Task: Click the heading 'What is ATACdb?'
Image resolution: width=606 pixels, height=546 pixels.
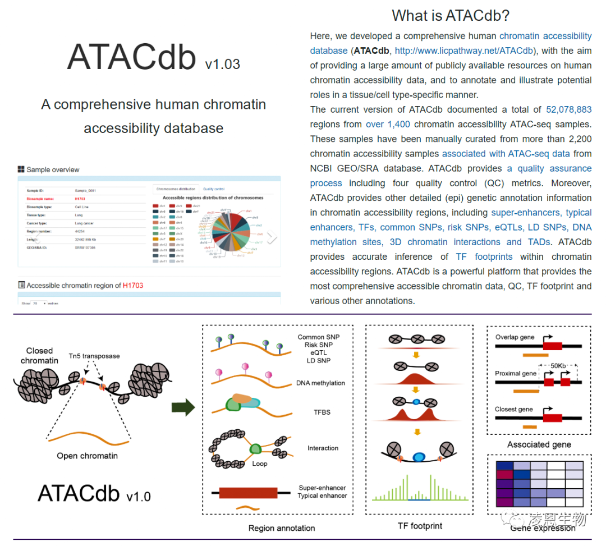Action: pyautogui.click(x=451, y=15)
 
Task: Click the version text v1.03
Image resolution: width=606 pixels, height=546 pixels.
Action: pyautogui.click(x=222, y=65)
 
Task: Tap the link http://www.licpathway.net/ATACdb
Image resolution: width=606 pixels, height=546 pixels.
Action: pyautogui.click(x=464, y=51)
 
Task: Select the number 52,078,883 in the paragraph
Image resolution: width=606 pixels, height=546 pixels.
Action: pyautogui.click(x=568, y=109)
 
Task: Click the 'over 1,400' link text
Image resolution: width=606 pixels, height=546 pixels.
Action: pyautogui.click(x=388, y=124)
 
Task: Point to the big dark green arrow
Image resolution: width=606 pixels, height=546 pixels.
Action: pyautogui.click(x=183, y=407)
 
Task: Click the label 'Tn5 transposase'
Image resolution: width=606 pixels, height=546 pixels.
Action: pyautogui.click(x=94, y=356)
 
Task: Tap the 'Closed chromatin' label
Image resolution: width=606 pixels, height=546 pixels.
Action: pyautogui.click(x=39, y=355)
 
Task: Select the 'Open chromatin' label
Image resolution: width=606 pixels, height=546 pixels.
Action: pyautogui.click(x=87, y=456)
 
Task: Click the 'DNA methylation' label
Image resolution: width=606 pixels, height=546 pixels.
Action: pyautogui.click(x=320, y=383)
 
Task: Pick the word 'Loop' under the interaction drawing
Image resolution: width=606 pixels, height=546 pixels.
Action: pyautogui.click(x=260, y=464)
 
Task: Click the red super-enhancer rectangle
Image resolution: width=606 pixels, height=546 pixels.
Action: pyautogui.click(x=248, y=493)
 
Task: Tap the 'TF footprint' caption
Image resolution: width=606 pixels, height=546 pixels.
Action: pyautogui.click(x=420, y=526)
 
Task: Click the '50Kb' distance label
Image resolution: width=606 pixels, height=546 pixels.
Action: pyautogui.click(x=558, y=365)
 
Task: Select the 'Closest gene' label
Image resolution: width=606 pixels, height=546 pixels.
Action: pyautogui.click(x=513, y=409)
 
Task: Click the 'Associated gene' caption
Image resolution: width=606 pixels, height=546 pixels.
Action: pyautogui.click(x=539, y=444)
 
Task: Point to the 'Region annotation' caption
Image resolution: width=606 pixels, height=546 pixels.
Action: pyautogui.click(x=282, y=528)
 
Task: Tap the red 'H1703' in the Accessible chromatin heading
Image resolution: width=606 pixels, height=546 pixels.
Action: pyautogui.click(x=133, y=285)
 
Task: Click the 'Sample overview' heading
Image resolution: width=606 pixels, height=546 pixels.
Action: pyautogui.click(x=53, y=169)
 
